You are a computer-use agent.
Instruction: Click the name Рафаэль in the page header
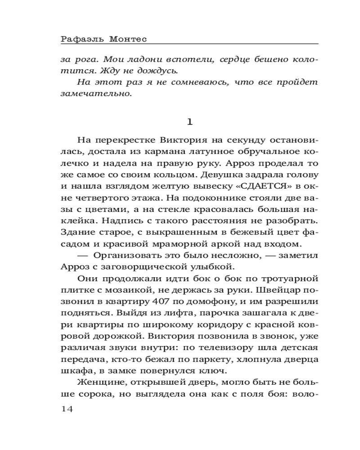pos(81,40)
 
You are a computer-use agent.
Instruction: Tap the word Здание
pos(76,232)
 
